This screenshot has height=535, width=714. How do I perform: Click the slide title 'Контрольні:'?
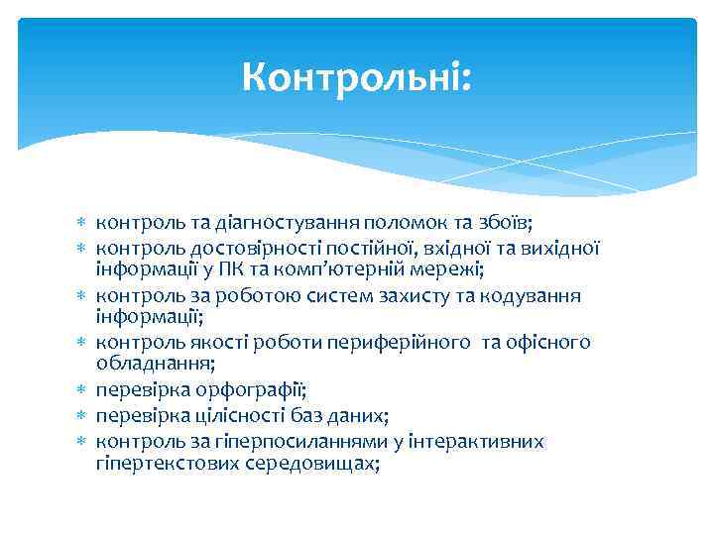(358, 77)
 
